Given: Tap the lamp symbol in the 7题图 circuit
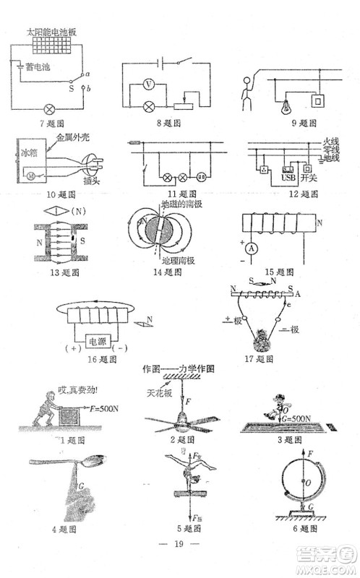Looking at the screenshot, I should pos(50,110).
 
